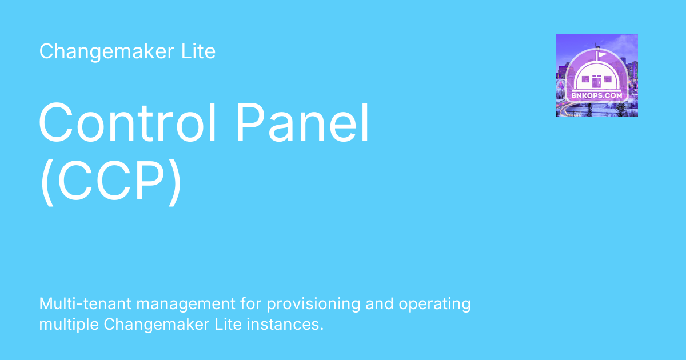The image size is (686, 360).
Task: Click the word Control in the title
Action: point(127,122)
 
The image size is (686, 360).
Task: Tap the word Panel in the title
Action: point(302,122)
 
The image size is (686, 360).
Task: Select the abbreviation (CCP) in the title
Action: point(111,181)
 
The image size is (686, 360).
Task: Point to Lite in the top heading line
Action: point(198,51)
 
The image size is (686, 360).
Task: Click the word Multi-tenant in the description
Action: point(85,303)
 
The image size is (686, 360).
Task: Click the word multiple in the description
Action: point(69,325)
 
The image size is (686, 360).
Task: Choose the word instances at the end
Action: point(285,325)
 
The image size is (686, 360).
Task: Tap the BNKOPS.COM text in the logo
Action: point(597,95)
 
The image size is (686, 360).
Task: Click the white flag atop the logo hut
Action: point(601,55)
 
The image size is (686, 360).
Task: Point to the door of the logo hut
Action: point(596,81)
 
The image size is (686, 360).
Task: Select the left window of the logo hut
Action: point(585,79)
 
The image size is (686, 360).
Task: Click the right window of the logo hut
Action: point(608,79)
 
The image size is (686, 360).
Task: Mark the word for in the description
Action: point(251,303)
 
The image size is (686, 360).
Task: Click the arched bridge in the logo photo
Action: point(561,92)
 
